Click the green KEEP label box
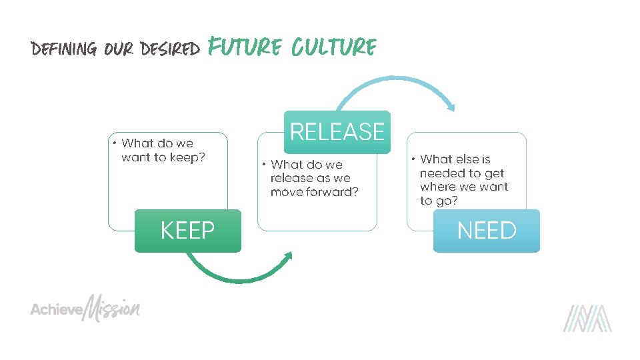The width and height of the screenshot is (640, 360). [187, 231]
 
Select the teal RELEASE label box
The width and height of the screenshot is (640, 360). [337, 132]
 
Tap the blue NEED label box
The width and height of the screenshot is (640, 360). [486, 231]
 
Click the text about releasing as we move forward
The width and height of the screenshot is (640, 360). [313, 178]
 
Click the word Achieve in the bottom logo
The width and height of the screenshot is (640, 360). [56, 310]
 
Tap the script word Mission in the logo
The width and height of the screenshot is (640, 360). [112, 308]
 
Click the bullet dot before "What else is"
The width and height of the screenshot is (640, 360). [413, 159]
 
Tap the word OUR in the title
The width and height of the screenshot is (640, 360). [119, 49]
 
